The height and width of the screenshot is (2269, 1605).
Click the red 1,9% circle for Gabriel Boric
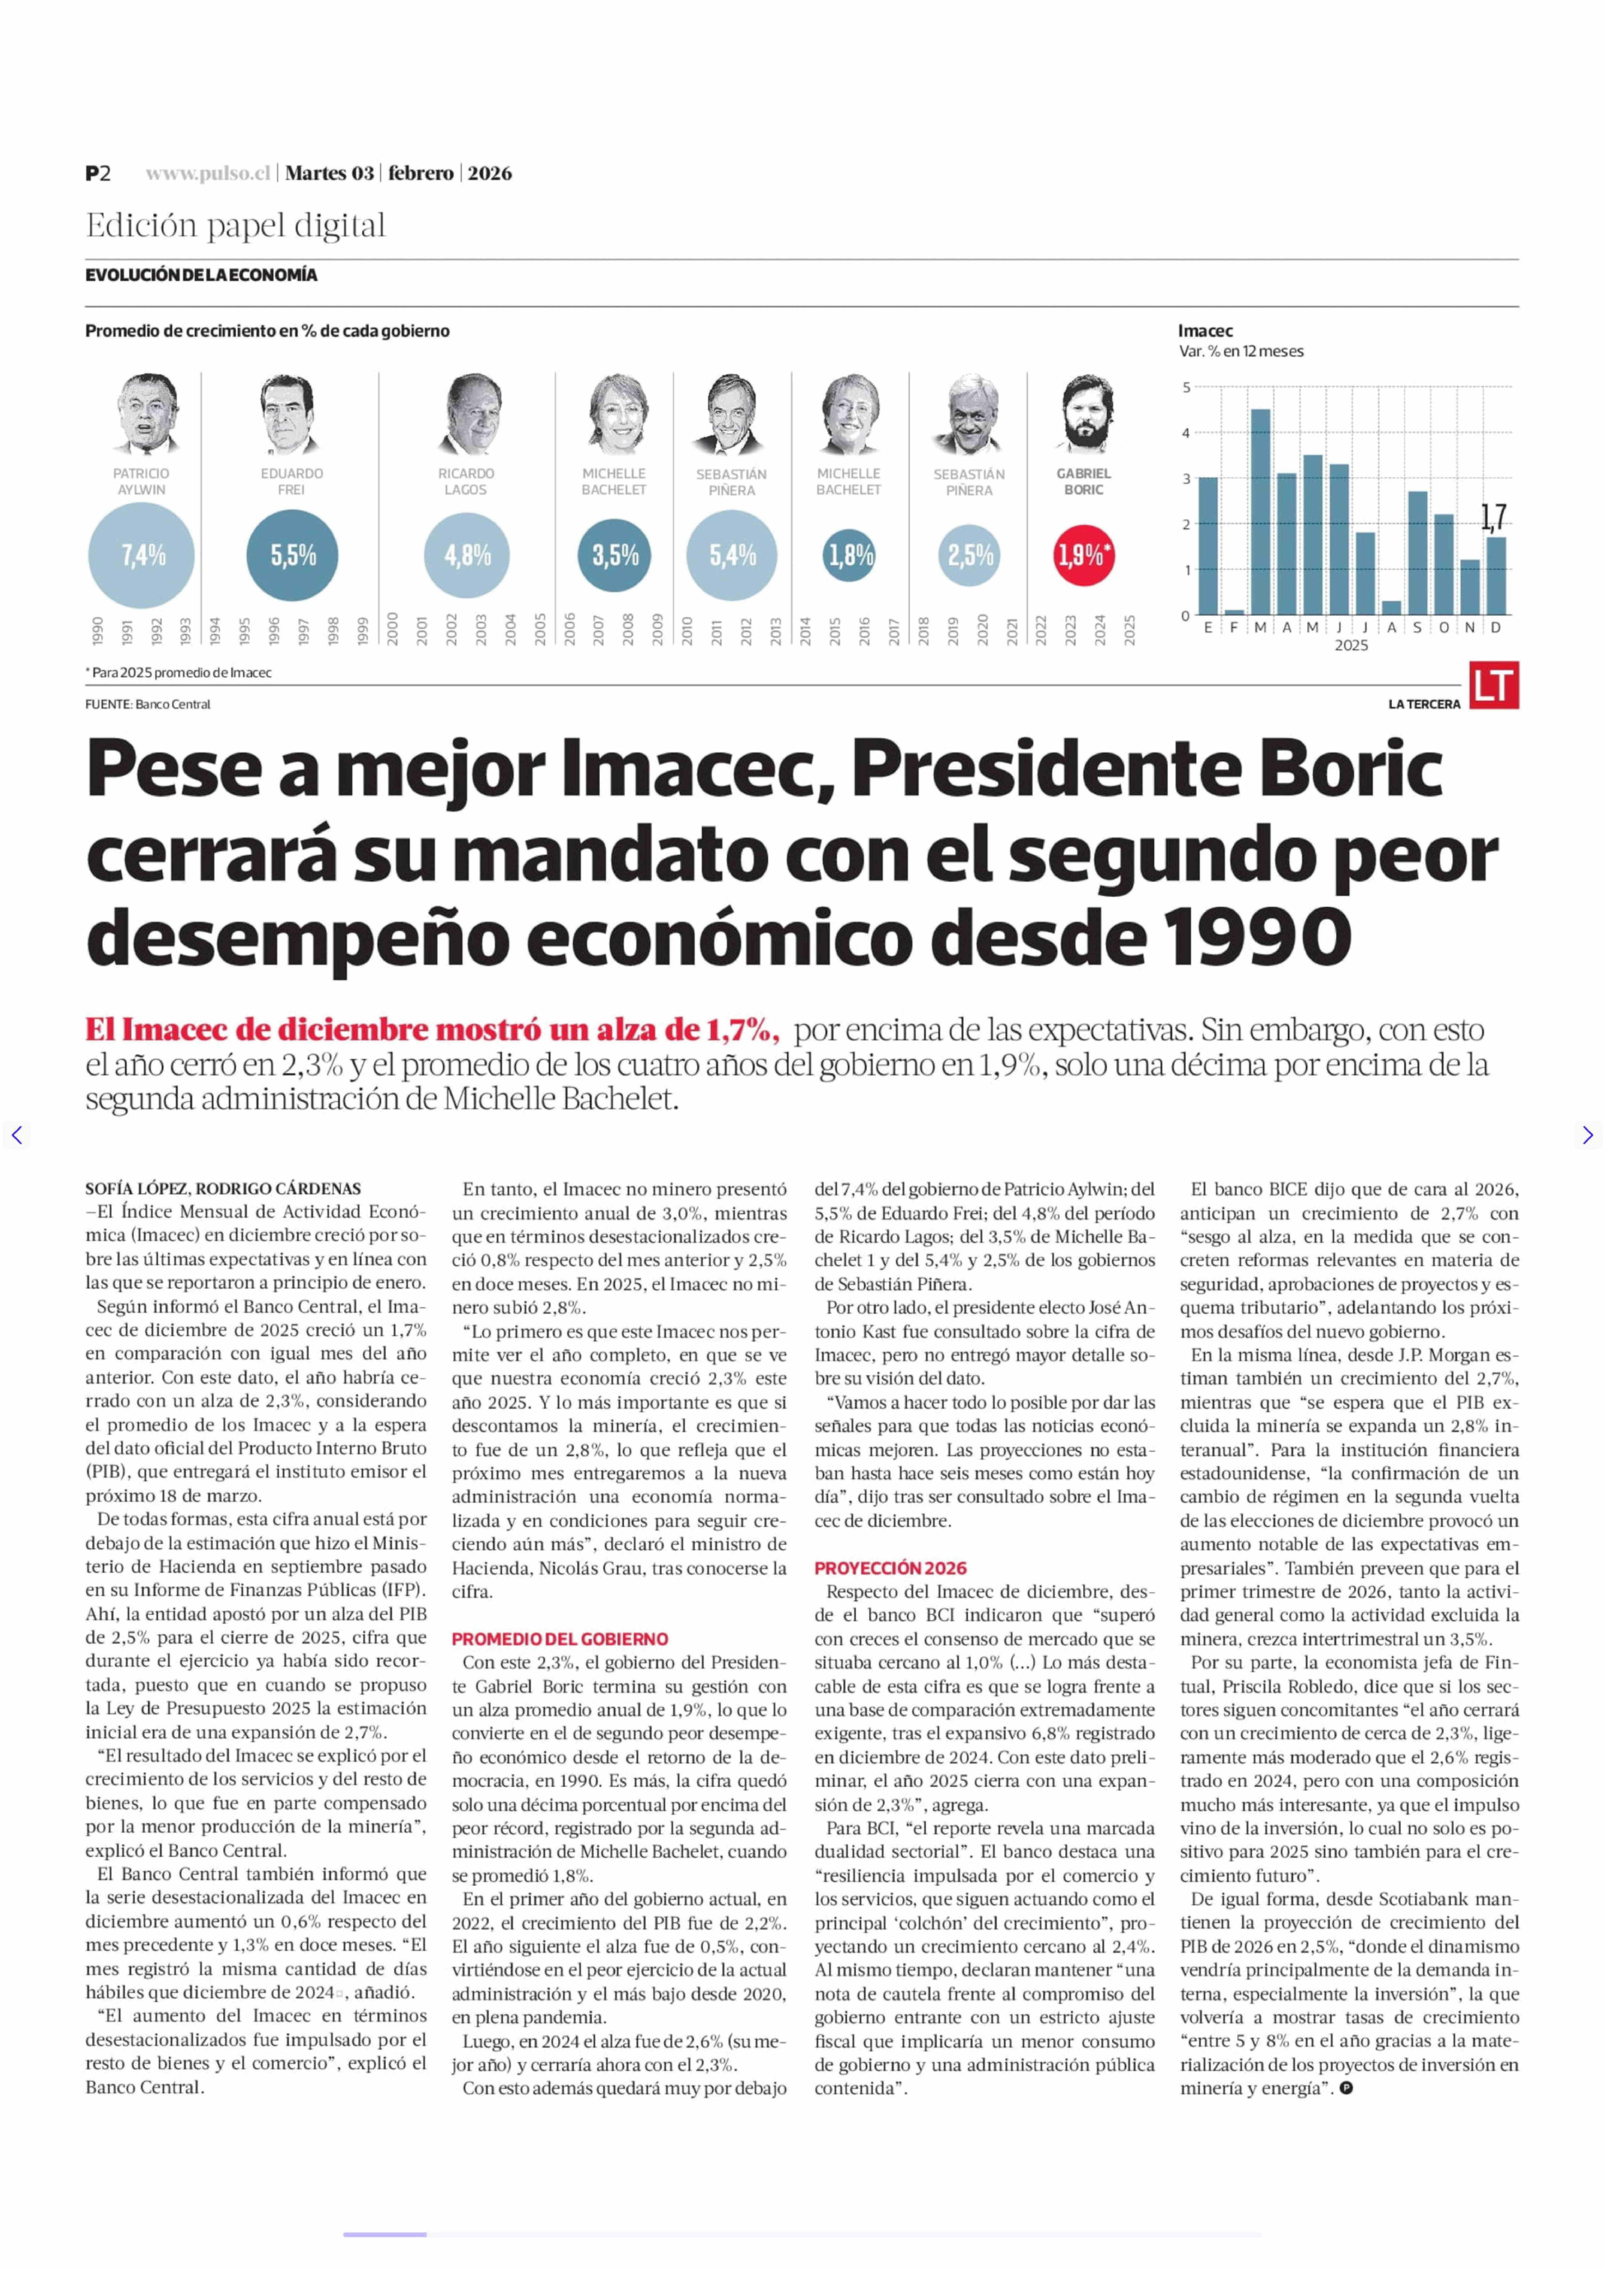pyautogui.click(x=1084, y=555)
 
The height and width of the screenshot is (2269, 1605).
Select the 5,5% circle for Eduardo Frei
pyautogui.click(x=293, y=555)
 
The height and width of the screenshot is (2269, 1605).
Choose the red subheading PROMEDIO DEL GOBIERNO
pyautogui.click(x=560, y=1639)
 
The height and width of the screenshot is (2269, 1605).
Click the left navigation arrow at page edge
pyautogui.click(x=16, y=1135)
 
